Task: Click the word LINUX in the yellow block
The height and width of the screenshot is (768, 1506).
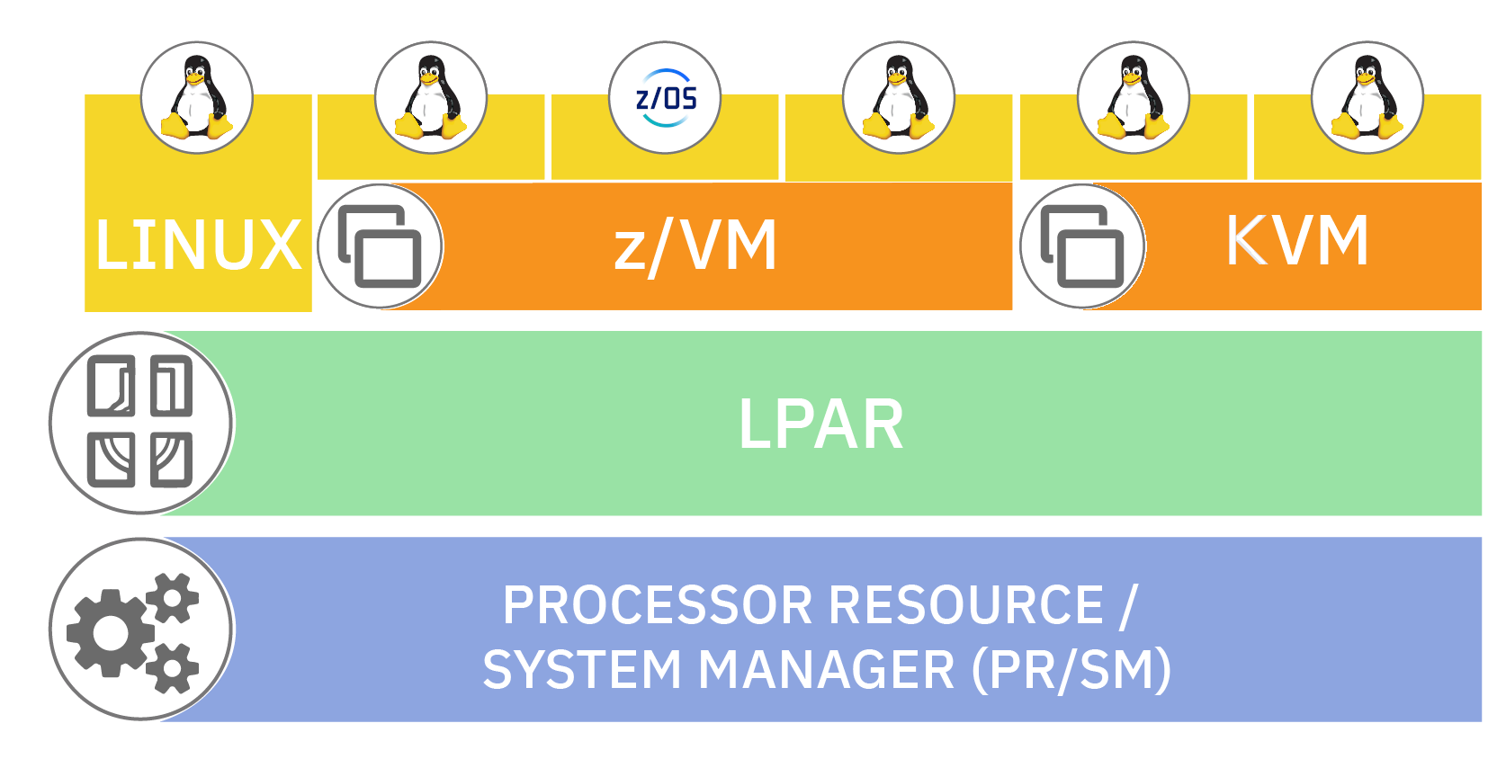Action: coord(198,245)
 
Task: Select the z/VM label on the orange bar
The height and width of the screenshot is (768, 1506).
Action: coord(695,246)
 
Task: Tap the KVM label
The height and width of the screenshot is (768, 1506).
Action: coord(1297,240)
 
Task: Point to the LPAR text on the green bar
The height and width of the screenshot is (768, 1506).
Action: coord(820,424)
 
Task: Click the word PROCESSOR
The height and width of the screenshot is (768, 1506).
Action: coord(659,605)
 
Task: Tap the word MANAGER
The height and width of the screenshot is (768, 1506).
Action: coord(826,671)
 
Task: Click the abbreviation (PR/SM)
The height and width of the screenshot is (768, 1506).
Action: coord(1071,671)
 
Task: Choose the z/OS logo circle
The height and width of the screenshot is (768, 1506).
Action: coord(665,97)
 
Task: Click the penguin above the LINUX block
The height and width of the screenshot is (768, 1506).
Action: coord(197,97)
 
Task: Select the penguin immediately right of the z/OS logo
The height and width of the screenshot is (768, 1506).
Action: coord(899,97)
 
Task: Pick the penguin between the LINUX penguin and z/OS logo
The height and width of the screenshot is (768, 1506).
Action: coord(431,97)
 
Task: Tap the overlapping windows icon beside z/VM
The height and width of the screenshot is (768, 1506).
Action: coord(380,246)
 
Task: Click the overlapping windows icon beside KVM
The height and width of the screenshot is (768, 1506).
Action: coord(1082,246)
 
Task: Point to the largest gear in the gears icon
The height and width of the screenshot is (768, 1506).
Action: coord(110,631)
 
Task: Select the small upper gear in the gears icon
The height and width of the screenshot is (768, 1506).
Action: coord(172,598)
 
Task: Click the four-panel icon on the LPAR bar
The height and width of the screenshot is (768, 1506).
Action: coord(140,423)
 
